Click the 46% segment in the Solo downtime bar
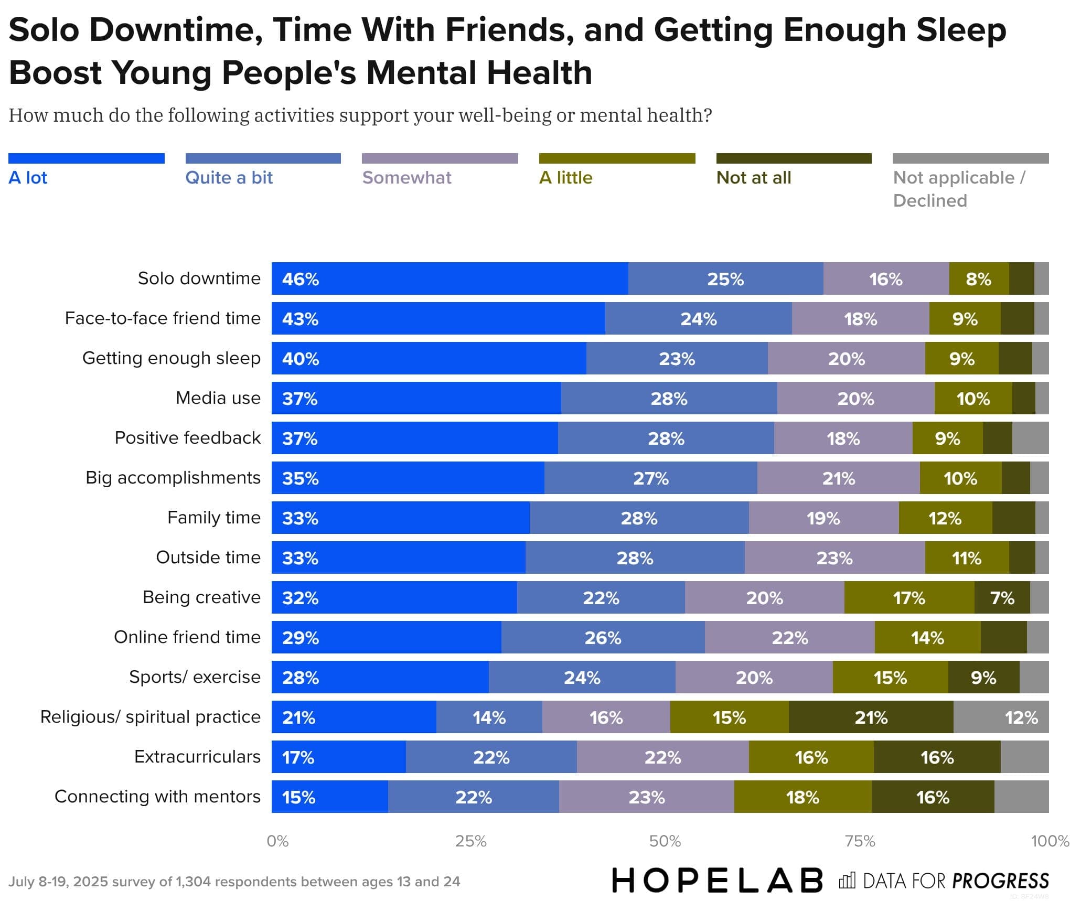(x=450, y=278)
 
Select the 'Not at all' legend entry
(x=753, y=178)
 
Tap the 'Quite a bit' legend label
(x=229, y=178)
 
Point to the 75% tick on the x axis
(x=860, y=841)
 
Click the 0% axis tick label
(x=277, y=841)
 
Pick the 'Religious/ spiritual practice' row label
(x=150, y=717)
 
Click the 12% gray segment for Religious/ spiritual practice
(x=1001, y=717)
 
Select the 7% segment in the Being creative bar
(x=1002, y=597)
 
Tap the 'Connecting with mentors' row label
(x=157, y=797)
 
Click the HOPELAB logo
(x=717, y=881)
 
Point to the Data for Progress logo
(x=944, y=881)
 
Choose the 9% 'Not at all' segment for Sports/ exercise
(x=983, y=677)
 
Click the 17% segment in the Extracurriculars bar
(x=338, y=757)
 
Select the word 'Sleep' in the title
(x=961, y=29)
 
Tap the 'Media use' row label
(x=218, y=398)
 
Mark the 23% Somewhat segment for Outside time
(x=834, y=557)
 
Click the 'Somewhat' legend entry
(x=406, y=178)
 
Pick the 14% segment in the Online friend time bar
(x=927, y=637)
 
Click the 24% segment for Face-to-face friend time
(x=698, y=318)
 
